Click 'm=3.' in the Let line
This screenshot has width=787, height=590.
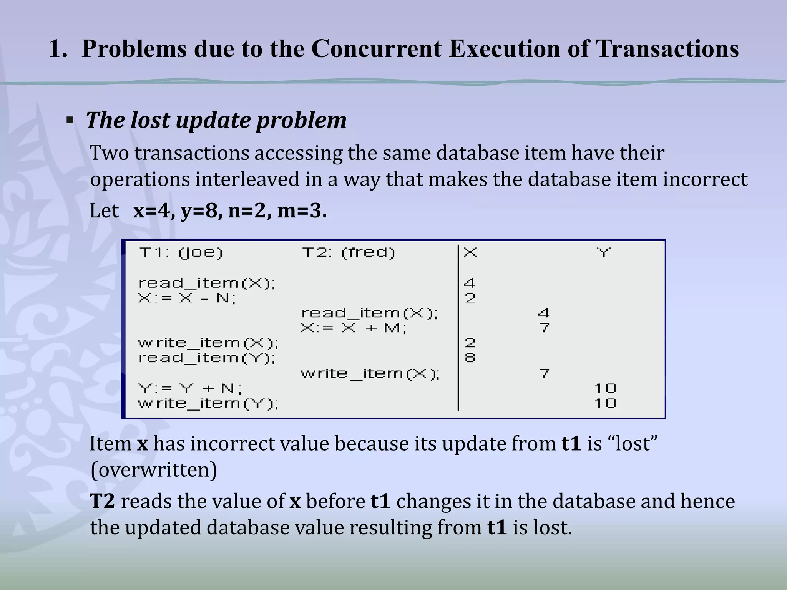tap(302, 211)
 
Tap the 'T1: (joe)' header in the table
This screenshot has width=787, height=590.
tap(181, 252)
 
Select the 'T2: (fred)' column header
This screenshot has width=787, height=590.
tap(349, 252)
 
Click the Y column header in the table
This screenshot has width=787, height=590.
tap(604, 252)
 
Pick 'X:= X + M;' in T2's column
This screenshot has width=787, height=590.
tap(354, 328)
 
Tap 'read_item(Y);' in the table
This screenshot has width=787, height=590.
tap(207, 358)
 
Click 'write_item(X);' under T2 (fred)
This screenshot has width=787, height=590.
tap(370, 373)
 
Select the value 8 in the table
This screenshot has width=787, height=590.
tap(470, 358)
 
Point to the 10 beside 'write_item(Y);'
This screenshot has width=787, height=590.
tap(605, 403)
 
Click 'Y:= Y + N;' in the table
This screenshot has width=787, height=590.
tap(190, 388)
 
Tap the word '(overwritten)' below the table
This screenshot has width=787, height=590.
tap(154, 469)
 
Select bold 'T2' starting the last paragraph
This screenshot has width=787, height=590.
tap(102, 501)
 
